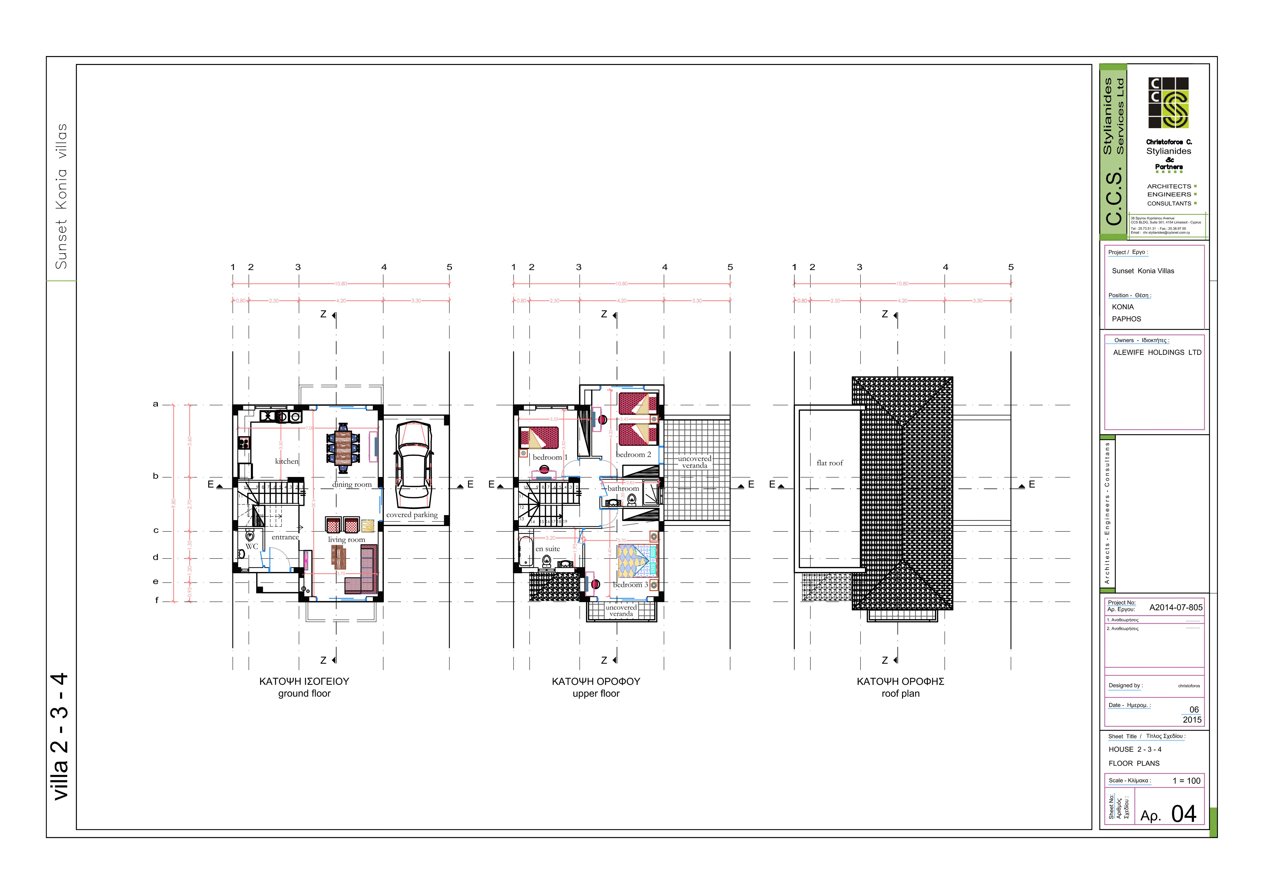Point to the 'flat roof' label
coord(830,463)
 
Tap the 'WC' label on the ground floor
coord(252,546)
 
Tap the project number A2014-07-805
coord(1176,608)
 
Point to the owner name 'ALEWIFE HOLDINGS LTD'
coord(1157,353)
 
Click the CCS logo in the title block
coord(1168,103)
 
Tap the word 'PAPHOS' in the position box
coord(1126,319)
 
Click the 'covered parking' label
coord(412,515)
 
